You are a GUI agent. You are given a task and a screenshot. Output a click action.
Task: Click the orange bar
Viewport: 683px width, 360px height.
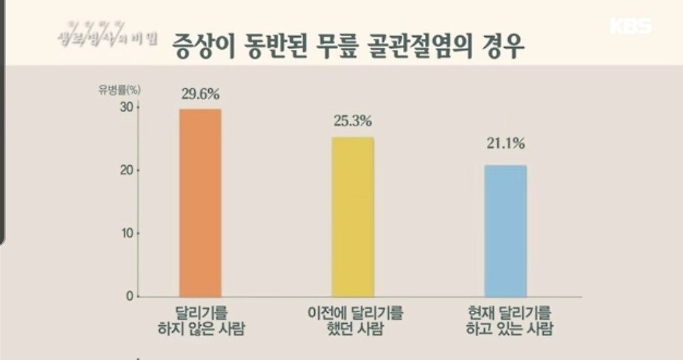(x=200, y=203)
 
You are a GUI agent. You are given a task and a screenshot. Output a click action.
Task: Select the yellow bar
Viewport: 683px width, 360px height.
(x=352, y=217)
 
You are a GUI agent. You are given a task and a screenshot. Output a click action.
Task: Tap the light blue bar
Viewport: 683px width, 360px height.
(x=505, y=230)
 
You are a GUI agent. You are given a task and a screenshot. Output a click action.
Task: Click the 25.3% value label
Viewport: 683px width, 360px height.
(x=352, y=122)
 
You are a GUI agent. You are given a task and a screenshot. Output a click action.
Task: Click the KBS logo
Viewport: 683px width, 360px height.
(x=630, y=27)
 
